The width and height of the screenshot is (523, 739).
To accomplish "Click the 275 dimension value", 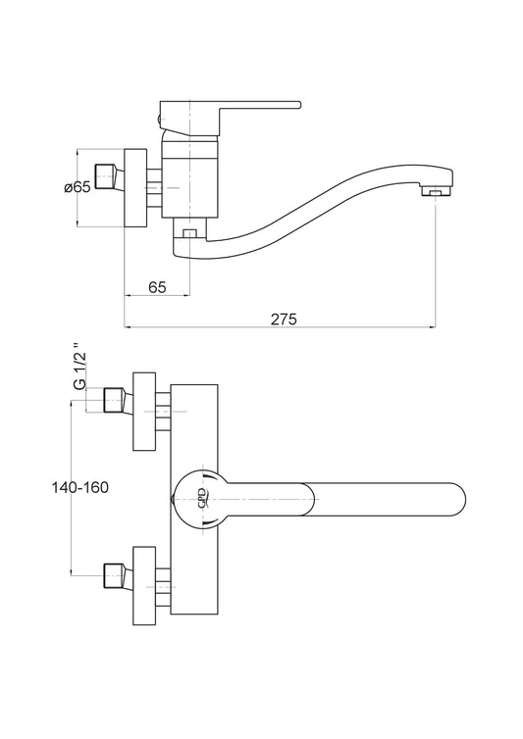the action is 284,320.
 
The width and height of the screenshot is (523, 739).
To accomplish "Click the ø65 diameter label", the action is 77,187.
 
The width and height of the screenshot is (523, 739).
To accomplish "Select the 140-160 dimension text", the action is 79,487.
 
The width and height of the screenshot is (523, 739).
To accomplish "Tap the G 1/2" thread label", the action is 79,369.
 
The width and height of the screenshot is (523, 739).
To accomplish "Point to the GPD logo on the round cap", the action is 202,499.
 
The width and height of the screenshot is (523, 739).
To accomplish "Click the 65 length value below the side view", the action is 157,287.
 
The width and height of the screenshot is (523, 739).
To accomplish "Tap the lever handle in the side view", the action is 230,117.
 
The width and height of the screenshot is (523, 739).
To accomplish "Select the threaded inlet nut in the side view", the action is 110,176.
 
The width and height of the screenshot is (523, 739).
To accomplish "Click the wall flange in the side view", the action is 136,188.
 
